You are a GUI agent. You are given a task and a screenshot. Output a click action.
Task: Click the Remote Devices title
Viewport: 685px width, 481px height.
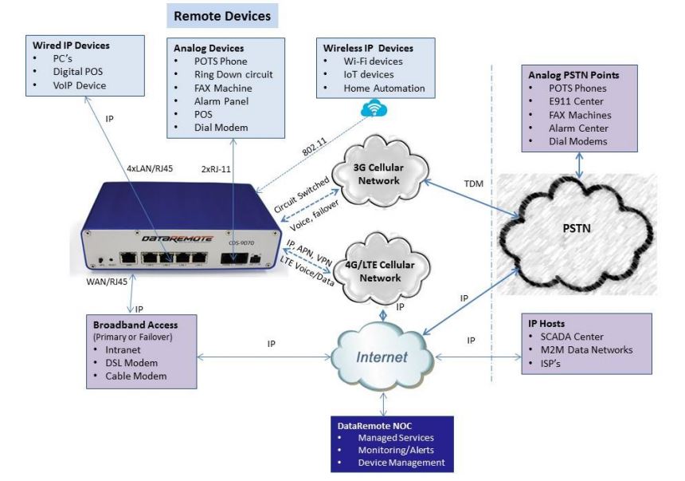click(x=222, y=15)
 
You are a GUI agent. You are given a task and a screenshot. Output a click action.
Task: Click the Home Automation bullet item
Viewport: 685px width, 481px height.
click(x=384, y=88)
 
